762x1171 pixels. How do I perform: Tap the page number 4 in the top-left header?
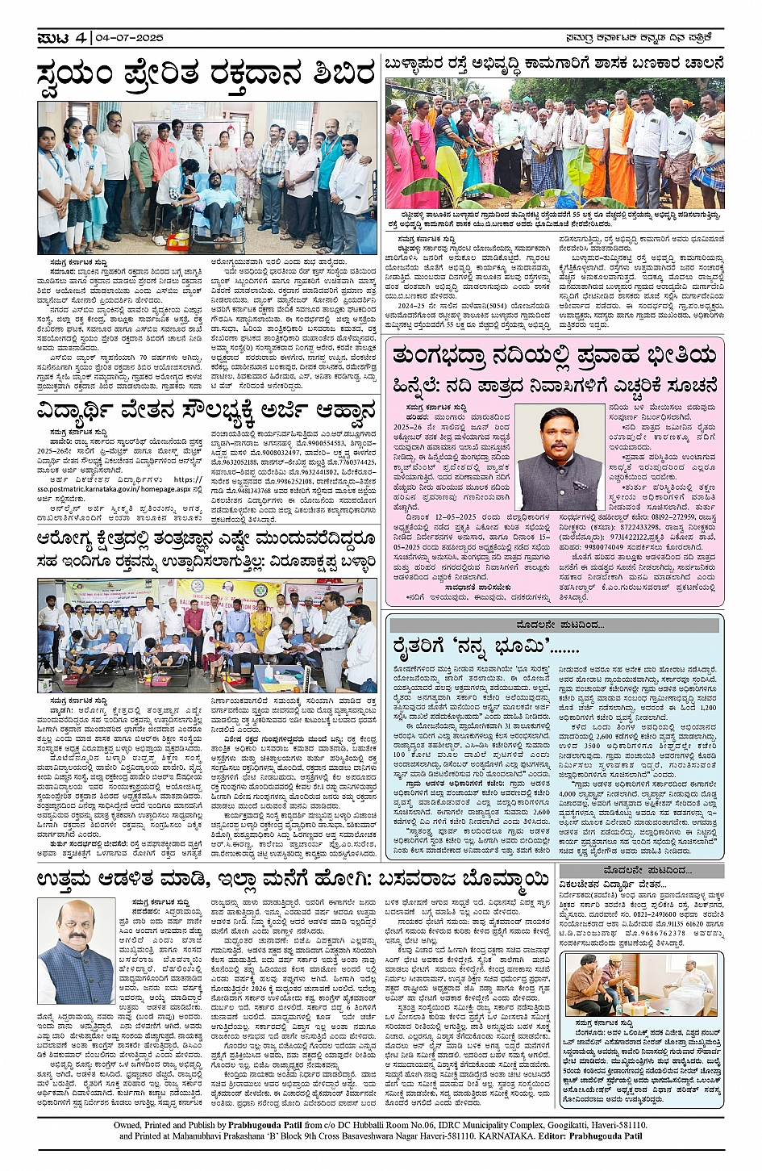tap(80, 37)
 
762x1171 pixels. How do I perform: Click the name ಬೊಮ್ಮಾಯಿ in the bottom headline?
tap(497, 878)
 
